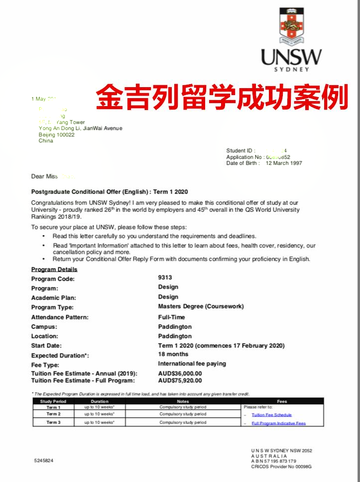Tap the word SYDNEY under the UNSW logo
point(292,69)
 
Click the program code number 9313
point(165,277)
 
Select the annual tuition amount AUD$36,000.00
point(180,373)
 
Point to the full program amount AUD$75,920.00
point(180,380)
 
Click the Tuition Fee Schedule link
point(271,415)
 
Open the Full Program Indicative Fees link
point(278,423)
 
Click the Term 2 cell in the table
point(53,414)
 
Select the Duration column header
point(100,401)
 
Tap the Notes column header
point(183,401)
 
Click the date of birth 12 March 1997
point(284,163)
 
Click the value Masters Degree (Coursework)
point(201,306)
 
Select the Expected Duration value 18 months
point(173,354)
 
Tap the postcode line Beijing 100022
point(56,134)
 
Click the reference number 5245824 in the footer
point(44,461)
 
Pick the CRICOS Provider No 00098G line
point(281,467)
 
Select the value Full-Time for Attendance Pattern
point(171,317)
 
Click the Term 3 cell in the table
point(53,422)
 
